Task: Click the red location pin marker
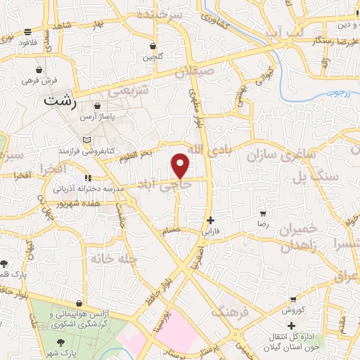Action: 181,166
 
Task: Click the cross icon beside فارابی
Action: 211,220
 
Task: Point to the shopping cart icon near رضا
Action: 262,213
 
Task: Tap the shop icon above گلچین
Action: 153,46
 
